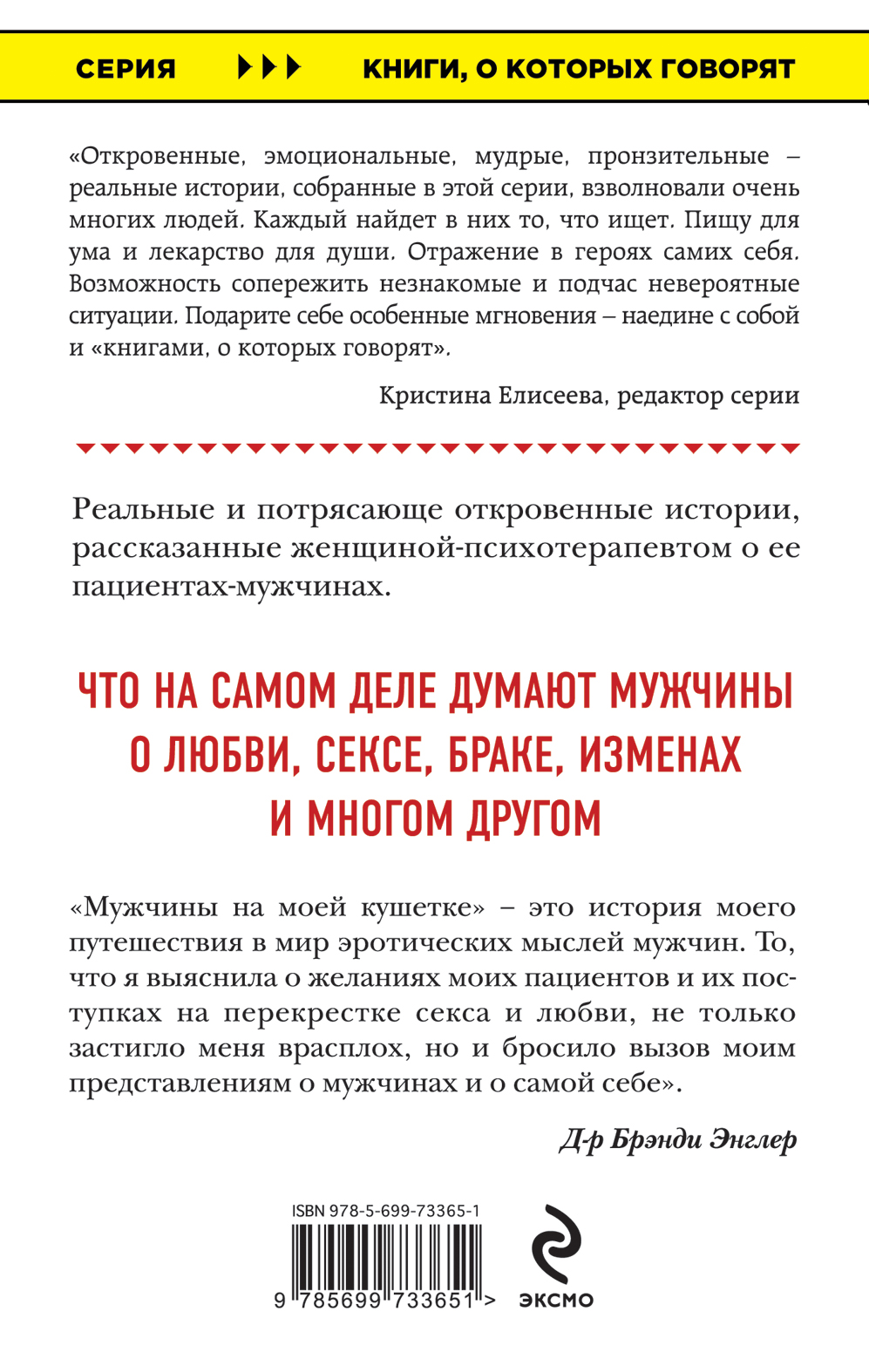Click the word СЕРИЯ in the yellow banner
click(x=126, y=69)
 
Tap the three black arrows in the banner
click(x=269, y=67)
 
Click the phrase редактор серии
click(x=708, y=396)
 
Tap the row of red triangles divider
click(x=438, y=449)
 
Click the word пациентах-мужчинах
click(x=231, y=587)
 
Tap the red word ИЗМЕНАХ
click(x=661, y=755)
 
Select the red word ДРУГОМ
click(x=534, y=818)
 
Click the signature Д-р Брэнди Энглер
click(x=677, y=1139)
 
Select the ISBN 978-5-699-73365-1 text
click(x=386, y=1211)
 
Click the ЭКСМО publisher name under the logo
click(x=556, y=1300)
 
